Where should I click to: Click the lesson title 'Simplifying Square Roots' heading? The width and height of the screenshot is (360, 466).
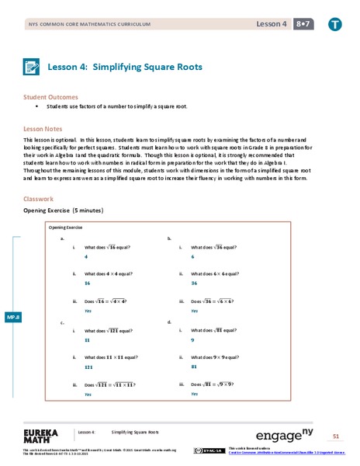click(x=125, y=67)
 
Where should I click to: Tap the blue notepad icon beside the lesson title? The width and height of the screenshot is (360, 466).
click(x=33, y=67)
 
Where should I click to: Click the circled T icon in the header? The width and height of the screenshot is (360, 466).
click(x=334, y=24)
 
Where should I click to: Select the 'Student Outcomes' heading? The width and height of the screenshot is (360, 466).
click(x=50, y=97)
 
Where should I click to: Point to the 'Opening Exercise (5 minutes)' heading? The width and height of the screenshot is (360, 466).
click(x=64, y=210)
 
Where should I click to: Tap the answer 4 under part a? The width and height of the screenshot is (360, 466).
click(x=85, y=256)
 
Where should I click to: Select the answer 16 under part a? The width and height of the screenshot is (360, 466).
click(x=88, y=284)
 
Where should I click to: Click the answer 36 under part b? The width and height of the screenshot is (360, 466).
click(x=195, y=284)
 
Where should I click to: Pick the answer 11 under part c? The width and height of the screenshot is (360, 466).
click(x=87, y=340)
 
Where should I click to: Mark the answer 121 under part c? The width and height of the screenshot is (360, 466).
click(x=89, y=367)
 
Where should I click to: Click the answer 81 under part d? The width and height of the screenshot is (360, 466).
click(x=195, y=367)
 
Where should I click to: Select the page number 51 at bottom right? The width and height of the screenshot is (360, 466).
click(x=336, y=436)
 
